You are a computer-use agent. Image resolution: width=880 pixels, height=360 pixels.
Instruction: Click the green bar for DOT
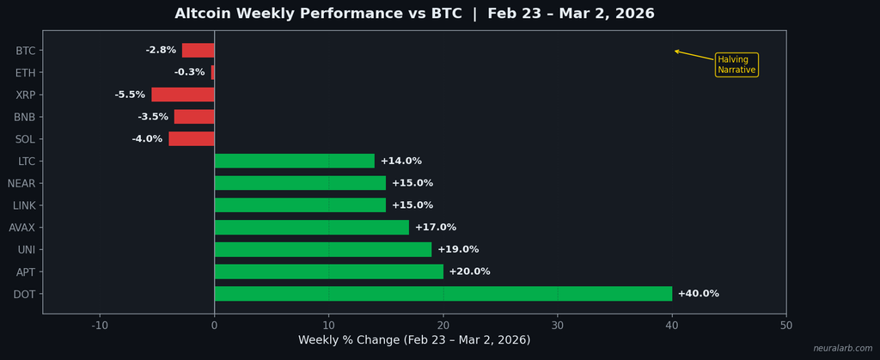point(443,294)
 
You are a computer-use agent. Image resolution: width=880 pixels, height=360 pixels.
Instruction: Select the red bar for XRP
point(183,95)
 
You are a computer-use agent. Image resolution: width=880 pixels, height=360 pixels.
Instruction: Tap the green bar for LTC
point(294,161)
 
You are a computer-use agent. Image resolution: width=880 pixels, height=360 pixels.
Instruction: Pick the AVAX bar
point(311,228)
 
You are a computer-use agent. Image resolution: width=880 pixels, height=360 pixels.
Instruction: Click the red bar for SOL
point(192,138)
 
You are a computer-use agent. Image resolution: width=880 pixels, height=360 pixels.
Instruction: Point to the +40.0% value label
point(698,294)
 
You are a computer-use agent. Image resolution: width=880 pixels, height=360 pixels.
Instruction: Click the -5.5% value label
point(130,95)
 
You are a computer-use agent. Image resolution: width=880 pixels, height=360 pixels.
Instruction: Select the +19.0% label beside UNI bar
point(458,250)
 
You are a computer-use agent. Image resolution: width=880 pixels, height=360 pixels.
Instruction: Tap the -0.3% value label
point(189,72)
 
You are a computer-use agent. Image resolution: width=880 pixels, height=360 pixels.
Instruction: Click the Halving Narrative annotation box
point(736,64)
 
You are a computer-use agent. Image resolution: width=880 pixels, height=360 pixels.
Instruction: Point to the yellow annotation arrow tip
point(675,51)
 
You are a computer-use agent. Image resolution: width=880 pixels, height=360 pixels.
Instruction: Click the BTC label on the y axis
point(26,51)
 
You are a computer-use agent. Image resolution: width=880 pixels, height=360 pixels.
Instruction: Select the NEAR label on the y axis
point(21,183)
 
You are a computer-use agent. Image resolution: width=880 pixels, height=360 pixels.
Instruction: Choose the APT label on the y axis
point(26,272)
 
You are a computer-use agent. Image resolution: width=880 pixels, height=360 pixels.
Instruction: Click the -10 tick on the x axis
point(100,325)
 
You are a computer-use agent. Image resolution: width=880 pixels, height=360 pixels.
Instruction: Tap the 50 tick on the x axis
point(785,325)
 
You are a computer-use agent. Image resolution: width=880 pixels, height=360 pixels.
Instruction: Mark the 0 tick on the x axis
point(214,325)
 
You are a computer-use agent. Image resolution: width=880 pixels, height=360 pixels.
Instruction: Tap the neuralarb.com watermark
point(842,349)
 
